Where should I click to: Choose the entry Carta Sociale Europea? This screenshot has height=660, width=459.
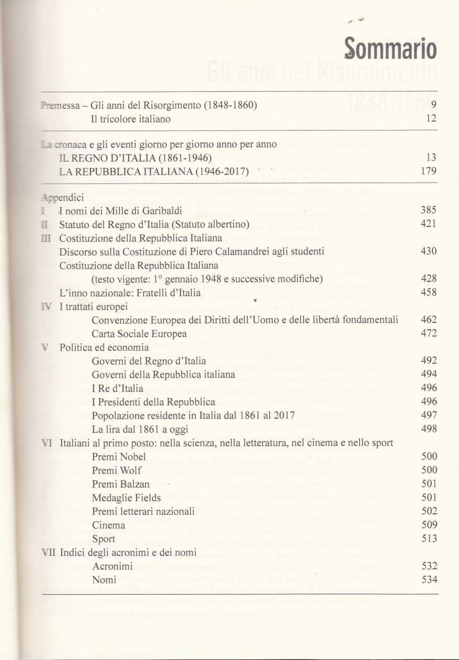point(139,334)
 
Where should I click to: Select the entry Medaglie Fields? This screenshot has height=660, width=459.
point(126,498)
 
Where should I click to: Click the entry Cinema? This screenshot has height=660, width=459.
point(109,525)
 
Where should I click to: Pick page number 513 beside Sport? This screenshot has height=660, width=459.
point(428,539)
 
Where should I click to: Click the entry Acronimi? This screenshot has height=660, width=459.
point(113,566)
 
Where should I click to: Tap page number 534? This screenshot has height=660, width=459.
point(428,580)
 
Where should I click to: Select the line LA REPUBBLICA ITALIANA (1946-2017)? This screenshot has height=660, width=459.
point(154,172)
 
